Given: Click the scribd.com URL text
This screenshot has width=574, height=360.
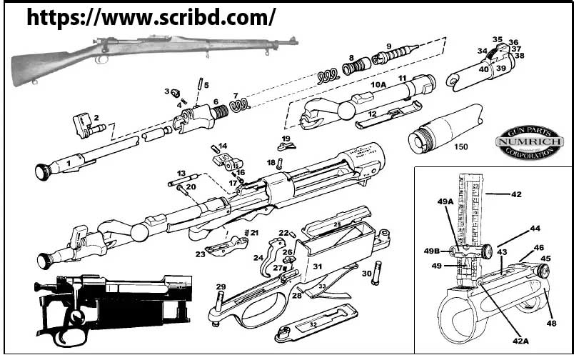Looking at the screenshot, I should (151, 17).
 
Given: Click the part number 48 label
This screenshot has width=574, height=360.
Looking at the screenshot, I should (552, 324).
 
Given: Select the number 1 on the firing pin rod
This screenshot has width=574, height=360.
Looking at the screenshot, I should (69, 164).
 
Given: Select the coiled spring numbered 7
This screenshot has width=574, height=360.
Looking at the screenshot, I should (241, 104).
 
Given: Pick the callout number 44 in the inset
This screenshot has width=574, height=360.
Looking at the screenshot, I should (535, 229).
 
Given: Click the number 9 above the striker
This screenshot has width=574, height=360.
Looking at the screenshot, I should (389, 46).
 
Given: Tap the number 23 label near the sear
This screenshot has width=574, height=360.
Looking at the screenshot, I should (201, 253).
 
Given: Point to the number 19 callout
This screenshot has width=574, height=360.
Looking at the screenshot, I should (286, 138).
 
